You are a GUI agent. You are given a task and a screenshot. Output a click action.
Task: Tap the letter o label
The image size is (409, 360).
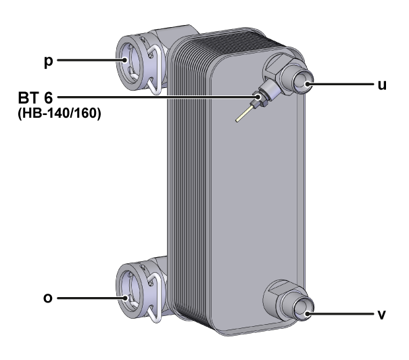coord(47,297)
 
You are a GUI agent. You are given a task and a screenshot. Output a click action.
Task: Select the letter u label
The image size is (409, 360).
coord(382,86)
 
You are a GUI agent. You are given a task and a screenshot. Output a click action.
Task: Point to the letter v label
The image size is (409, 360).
coord(383,315)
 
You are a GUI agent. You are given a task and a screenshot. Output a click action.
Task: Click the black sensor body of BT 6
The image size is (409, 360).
coord(261,99)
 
